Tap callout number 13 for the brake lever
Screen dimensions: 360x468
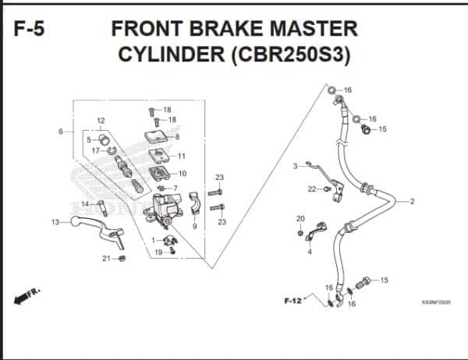(55, 223)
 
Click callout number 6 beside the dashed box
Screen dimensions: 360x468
(61, 132)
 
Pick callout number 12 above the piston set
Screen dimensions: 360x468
(101, 120)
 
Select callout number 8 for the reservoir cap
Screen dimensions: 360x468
(177, 137)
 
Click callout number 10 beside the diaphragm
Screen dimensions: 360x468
(182, 173)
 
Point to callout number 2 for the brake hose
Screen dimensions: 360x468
(412, 202)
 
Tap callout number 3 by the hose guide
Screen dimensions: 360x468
(296, 166)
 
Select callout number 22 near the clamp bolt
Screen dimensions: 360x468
(311, 189)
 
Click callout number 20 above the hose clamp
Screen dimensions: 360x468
(300, 218)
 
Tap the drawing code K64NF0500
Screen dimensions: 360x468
(436, 303)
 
